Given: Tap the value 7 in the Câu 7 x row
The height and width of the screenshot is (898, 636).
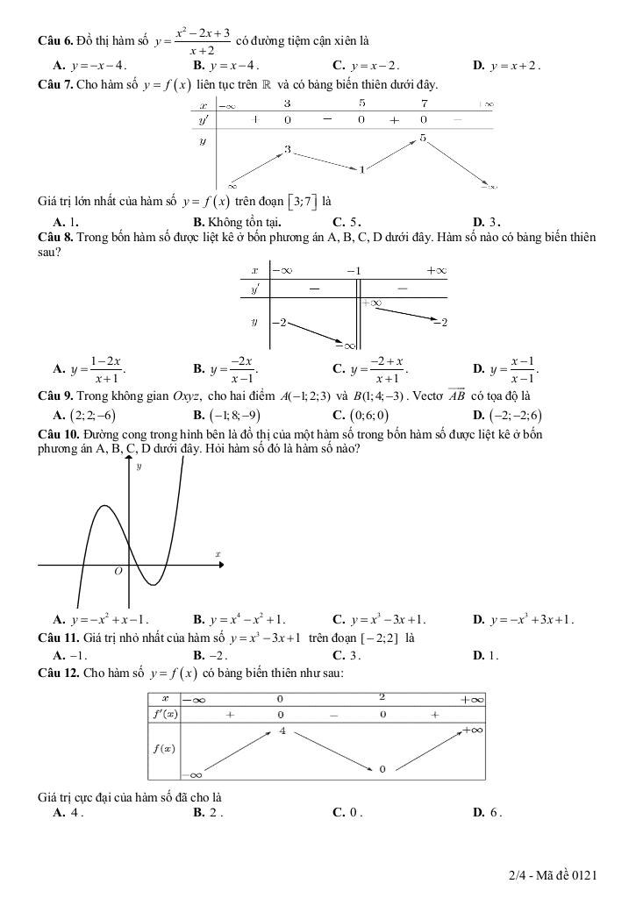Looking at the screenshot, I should tap(423, 103).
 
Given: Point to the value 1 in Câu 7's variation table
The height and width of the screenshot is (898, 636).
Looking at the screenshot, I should tap(361, 168).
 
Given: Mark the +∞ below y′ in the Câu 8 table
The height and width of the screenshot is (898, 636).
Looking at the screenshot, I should tap(372, 303).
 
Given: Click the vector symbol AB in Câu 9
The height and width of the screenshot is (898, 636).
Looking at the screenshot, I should tap(456, 395).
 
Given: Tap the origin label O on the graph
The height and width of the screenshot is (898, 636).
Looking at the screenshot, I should tap(118, 571).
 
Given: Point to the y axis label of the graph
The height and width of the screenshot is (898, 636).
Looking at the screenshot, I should tap(139, 467).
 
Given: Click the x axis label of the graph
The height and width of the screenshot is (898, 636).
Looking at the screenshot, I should tap(218, 554).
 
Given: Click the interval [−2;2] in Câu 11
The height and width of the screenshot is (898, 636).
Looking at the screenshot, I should tap(377, 638).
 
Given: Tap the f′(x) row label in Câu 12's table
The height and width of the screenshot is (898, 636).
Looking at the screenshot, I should tap(163, 714).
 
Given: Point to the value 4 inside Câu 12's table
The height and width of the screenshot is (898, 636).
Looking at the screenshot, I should tap(282, 731).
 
